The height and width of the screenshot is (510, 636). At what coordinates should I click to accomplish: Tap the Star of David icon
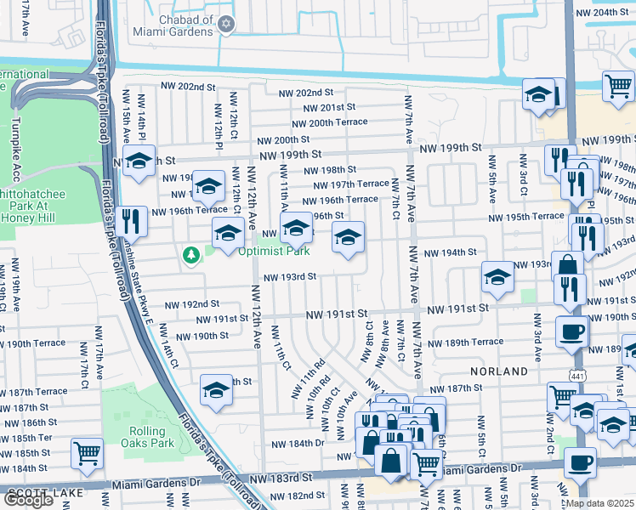pos(225,25)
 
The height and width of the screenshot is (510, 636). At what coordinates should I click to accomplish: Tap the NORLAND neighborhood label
pos(501,371)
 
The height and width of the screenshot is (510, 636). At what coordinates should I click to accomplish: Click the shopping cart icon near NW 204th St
pos(618,85)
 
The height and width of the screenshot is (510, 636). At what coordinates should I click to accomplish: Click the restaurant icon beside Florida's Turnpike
pos(132,220)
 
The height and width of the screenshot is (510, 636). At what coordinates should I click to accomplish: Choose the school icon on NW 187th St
pos(216,390)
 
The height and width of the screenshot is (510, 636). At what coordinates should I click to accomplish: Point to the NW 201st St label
pos(330,107)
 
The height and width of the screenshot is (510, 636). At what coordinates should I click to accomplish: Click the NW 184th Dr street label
pos(298,444)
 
